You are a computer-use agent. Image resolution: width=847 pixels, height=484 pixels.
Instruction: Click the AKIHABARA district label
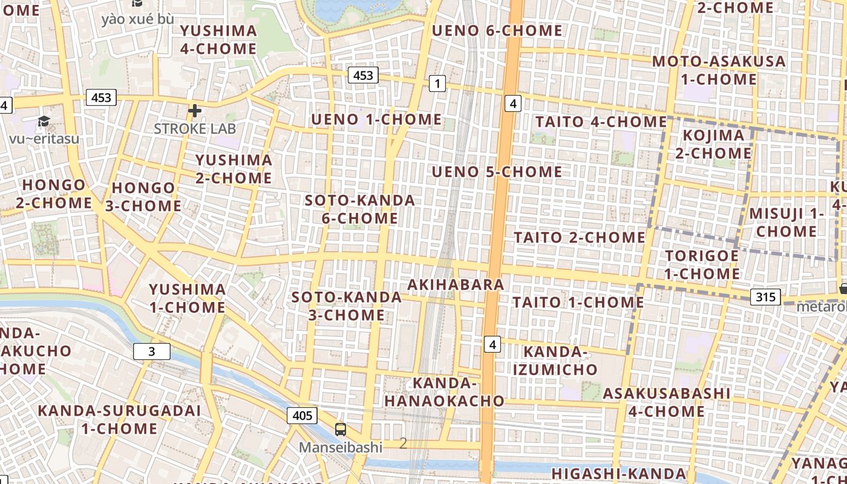tap(456, 284)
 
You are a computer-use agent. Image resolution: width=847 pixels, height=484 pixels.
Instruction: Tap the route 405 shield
tap(302, 415)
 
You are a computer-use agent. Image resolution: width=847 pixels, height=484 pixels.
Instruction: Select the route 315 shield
tap(765, 297)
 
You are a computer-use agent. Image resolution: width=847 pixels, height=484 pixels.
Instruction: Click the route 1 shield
tap(437, 83)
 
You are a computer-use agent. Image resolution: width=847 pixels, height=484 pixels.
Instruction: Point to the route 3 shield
tap(151, 352)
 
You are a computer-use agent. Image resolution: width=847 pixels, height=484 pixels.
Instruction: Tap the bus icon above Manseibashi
tap(341, 430)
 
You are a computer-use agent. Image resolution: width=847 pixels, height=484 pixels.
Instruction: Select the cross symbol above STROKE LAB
tap(195, 111)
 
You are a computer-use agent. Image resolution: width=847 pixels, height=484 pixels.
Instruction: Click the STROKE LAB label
tap(195, 129)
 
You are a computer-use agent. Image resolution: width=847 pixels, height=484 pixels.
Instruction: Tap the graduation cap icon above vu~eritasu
tap(44, 122)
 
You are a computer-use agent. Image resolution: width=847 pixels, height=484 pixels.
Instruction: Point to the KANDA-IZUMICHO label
tap(560, 361)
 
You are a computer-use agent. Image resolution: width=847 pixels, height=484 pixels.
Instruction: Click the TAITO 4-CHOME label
tap(601, 122)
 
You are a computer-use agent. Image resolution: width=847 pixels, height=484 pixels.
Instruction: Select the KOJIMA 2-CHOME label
tap(713, 144)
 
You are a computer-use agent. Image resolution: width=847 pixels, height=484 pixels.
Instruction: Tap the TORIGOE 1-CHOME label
tap(702, 264)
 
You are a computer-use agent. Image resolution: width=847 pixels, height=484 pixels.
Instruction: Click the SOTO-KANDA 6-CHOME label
tap(360, 209)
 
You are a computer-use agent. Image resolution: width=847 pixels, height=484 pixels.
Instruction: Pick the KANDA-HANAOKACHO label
tap(445, 391)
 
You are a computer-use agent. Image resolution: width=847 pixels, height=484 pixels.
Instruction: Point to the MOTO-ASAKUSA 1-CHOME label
tap(719, 70)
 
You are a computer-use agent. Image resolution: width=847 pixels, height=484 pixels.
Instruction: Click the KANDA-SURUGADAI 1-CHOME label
tap(119, 420)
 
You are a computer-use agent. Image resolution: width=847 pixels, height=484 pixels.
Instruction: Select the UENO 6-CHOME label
tap(497, 30)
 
